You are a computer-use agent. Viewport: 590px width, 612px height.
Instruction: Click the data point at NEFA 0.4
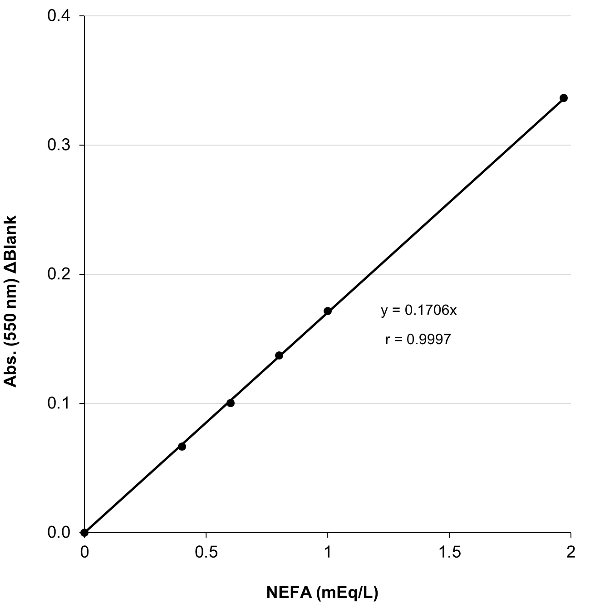pyautogui.click(x=182, y=447)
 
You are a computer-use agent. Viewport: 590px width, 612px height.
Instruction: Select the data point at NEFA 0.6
pyautogui.click(x=231, y=403)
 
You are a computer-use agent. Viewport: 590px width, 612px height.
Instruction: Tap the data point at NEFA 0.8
pyautogui.click(x=279, y=355)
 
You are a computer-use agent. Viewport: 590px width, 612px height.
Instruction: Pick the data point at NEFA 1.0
pyautogui.click(x=328, y=311)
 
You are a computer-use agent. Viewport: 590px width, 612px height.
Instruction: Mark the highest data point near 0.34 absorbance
pyautogui.click(x=564, y=98)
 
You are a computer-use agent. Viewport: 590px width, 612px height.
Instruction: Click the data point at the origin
pyautogui.click(x=84, y=532)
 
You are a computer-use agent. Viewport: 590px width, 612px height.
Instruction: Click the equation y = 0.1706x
pyautogui.click(x=418, y=311)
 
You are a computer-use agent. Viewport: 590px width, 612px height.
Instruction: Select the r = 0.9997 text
pyautogui.click(x=418, y=340)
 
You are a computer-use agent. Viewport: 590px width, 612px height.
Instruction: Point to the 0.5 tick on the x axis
pyautogui.click(x=206, y=552)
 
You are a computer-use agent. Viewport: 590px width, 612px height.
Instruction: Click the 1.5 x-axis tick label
pyautogui.click(x=449, y=552)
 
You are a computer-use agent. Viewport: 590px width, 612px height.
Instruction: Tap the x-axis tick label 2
pyautogui.click(x=570, y=552)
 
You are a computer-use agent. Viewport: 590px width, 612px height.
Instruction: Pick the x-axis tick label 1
pyautogui.click(x=328, y=552)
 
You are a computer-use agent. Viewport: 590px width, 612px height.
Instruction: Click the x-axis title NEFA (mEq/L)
pyautogui.click(x=322, y=593)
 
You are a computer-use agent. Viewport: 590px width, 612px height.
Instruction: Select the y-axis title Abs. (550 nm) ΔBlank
pyautogui.click(x=10, y=301)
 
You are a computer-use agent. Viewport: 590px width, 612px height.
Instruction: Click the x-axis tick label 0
pyautogui.click(x=84, y=552)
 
